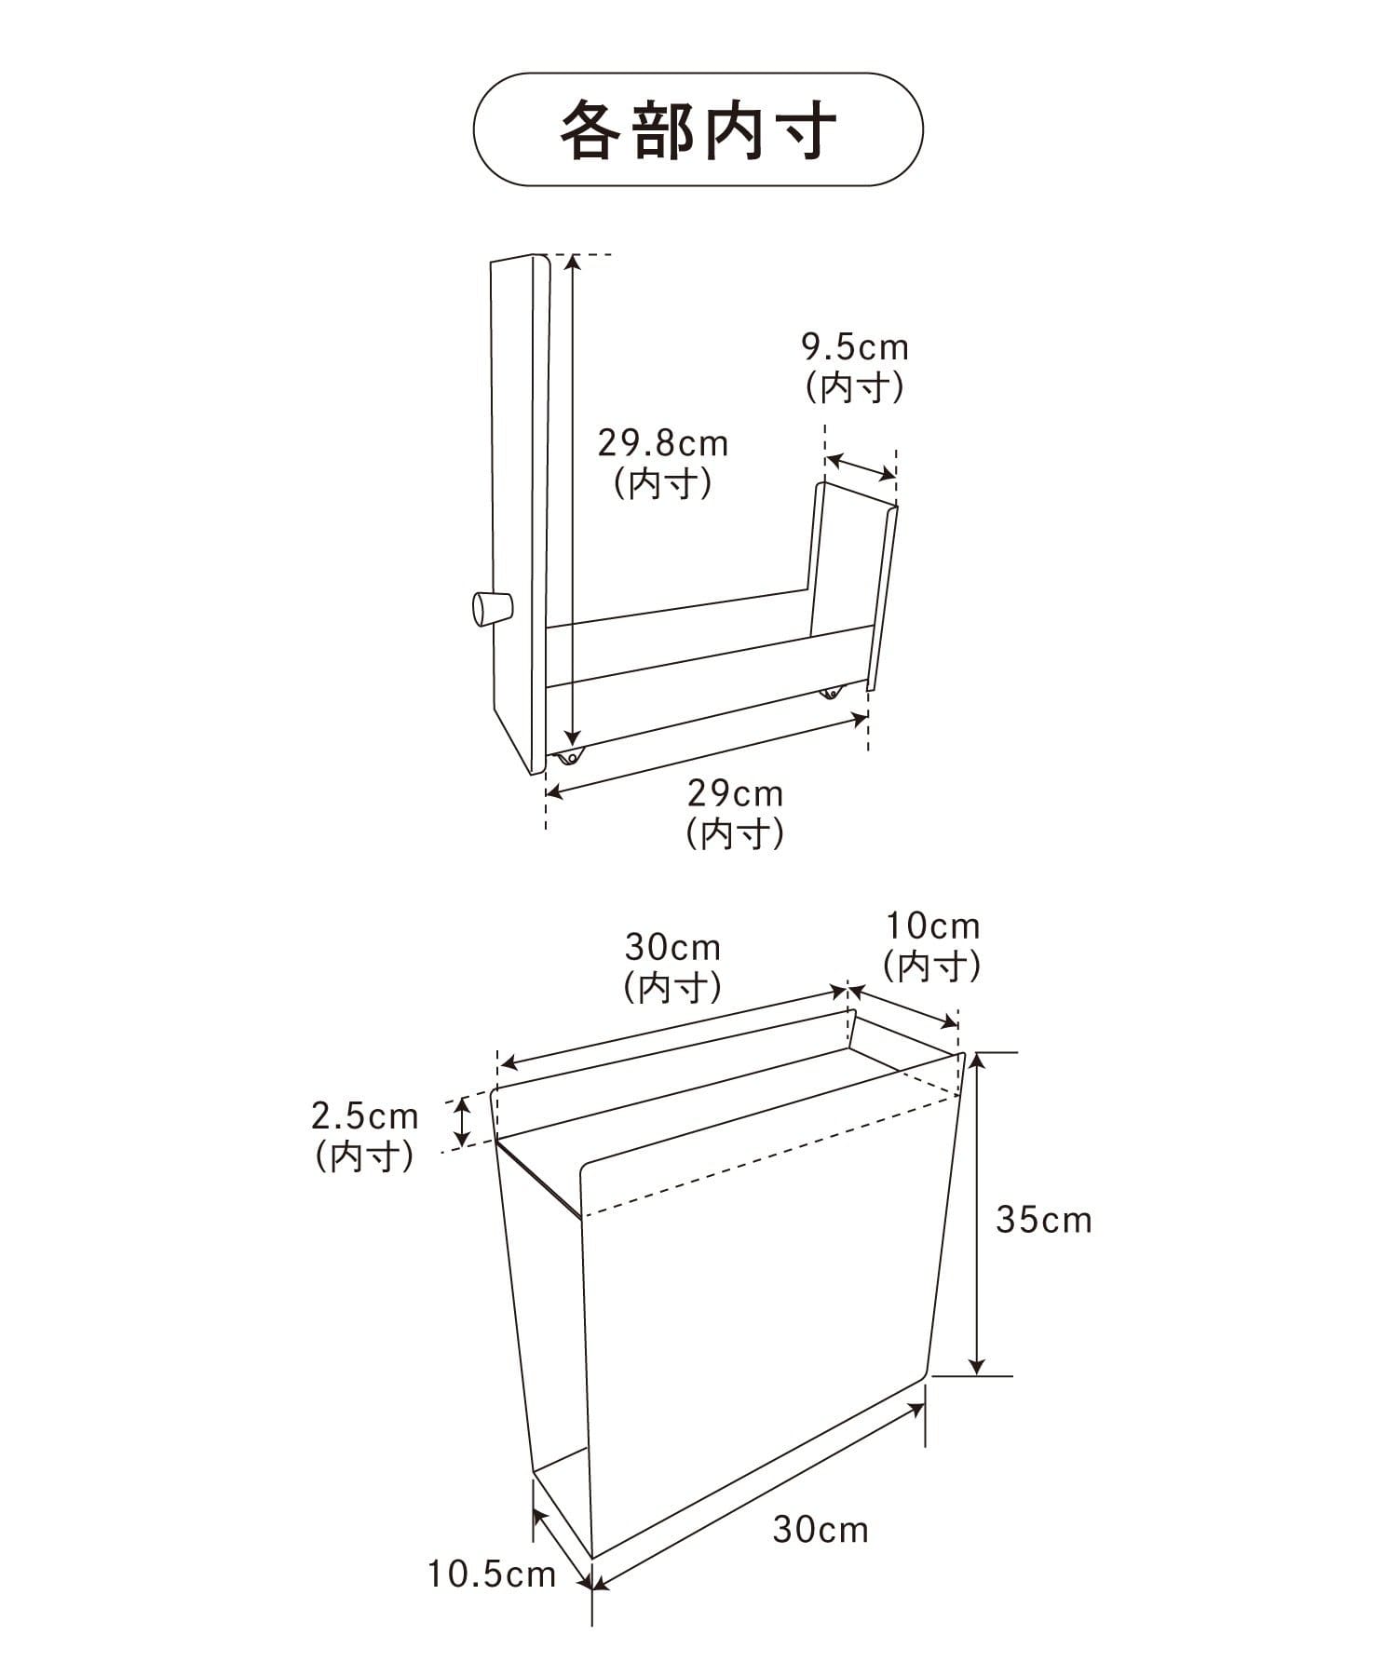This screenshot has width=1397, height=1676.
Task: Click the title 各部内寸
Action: point(698,129)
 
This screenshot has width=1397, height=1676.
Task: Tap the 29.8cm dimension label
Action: point(663,443)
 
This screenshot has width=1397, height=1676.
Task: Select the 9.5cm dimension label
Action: point(855,347)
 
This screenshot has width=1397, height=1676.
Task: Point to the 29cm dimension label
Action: point(736,794)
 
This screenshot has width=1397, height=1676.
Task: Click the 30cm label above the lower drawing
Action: point(672,948)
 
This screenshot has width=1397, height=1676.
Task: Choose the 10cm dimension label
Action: point(932,926)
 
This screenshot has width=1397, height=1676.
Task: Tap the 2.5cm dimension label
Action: point(364,1115)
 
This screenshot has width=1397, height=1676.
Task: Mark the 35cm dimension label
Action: point(1043,1220)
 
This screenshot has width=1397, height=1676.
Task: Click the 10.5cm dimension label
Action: point(492,1575)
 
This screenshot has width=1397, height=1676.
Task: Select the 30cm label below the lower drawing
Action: point(821,1530)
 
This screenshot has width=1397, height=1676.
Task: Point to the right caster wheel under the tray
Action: point(830,693)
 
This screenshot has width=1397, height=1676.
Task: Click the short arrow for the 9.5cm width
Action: point(861,467)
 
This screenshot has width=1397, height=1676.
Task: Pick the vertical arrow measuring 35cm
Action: point(975,1213)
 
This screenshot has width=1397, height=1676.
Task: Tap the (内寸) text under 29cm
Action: point(736,832)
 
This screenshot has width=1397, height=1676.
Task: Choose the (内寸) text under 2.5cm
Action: point(364,1156)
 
